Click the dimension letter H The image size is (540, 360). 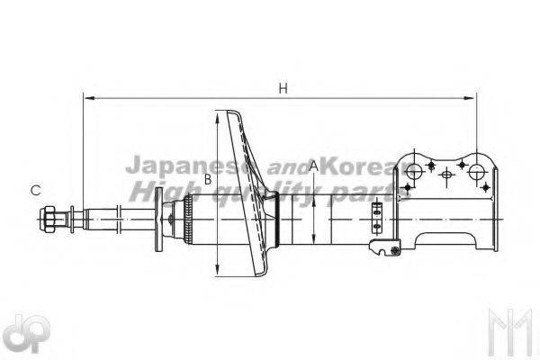pyautogui.click(x=283, y=88)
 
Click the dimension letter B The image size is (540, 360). pyautogui.click(x=208, y=179)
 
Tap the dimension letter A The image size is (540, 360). pyautogui.click(x=314, y=166)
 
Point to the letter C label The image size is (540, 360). pyautogui.click(x=35, y=190)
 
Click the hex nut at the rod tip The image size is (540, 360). pyautogui.click(x=48, y=220)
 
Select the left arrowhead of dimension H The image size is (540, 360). pyautogui.click(x=89, y=98)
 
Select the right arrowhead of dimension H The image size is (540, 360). pyautogui.click(x=469, y=98)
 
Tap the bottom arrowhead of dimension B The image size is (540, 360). pyautogui.click(x=217, y=269)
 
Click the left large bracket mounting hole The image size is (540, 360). pyautogui.click(x=414, y=171)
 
